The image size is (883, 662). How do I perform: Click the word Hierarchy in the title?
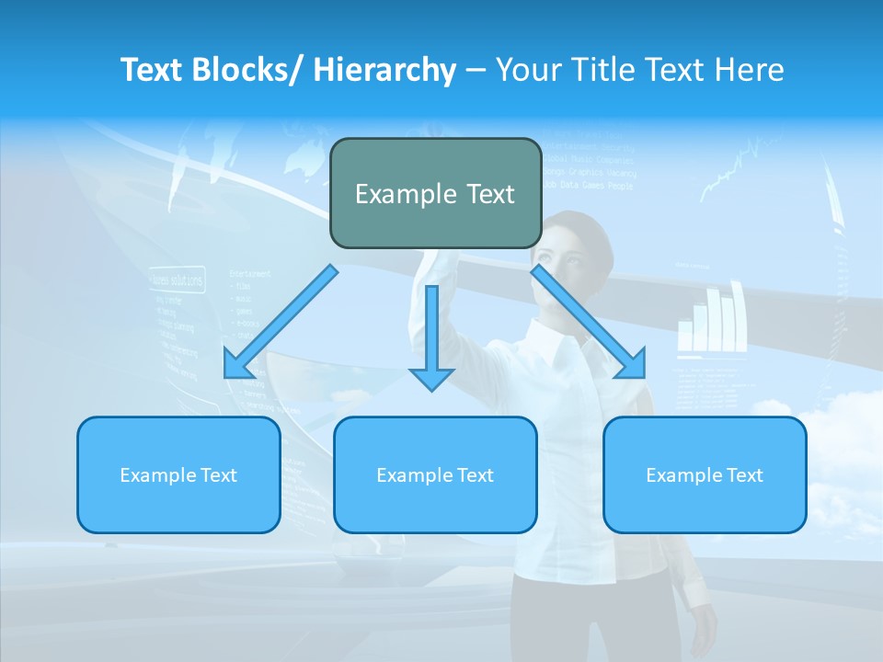[384, 70]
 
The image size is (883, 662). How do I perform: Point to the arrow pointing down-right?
[589, 322]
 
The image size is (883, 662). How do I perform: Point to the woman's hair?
[589, 225]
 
